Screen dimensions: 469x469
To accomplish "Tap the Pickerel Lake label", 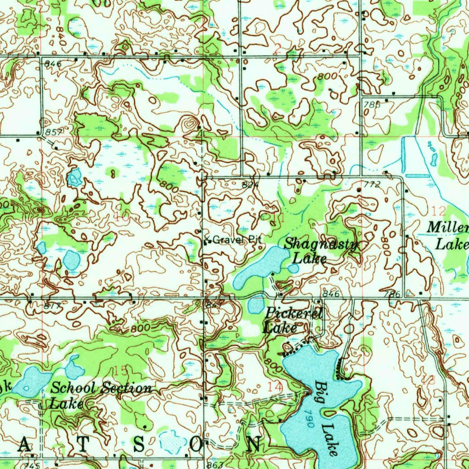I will point(293,321).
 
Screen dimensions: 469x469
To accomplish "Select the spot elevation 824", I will point(248,185).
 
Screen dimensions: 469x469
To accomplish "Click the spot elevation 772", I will point(372,184).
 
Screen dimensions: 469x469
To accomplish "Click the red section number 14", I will point(275,387).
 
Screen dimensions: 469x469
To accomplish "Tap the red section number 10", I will point(122,217).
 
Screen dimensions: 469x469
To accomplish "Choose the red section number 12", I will point(438,211).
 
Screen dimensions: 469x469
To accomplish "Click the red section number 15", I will point(122,370).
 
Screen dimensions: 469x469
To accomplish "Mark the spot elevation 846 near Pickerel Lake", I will point(331,294).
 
